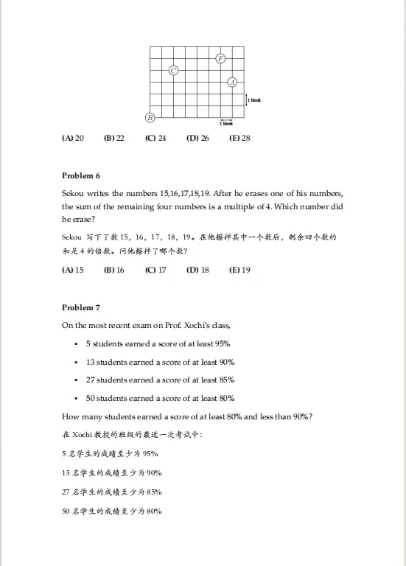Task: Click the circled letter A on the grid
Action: click(x=232, y=82)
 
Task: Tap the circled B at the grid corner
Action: click(x=150, y=117)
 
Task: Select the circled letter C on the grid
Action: click(x=174, y=70)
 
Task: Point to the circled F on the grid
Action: click(x=220, y=58)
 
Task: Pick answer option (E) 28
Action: click(x=239, y=138)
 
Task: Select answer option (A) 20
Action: click(x=73, y=138)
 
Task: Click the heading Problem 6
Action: click(x=81, y=175)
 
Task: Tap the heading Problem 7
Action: click(x=81, y=307)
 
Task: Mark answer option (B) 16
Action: click(x=114, y=270)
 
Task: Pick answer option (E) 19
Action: click(x=239, y=270)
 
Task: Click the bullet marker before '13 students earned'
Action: click(x=77, y=363)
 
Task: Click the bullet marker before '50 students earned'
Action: click(x=77, y=399)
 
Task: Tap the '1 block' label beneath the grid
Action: click(x=226, y=124)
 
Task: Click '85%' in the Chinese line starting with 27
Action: click(x=154, y=492)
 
